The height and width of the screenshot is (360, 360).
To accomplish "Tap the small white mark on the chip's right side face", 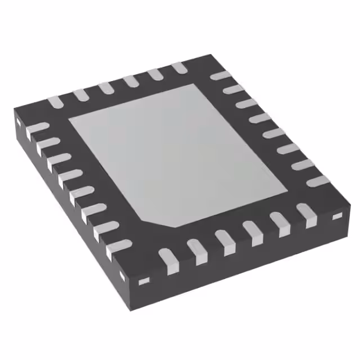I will coord(337,217).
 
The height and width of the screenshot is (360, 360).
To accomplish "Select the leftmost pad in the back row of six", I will coord(55,102).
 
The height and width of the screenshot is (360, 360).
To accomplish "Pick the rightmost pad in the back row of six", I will coord(179,67).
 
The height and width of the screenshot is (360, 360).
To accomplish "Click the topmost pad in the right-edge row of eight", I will coord(219,75).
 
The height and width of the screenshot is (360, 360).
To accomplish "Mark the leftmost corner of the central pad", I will coord(69,120).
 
